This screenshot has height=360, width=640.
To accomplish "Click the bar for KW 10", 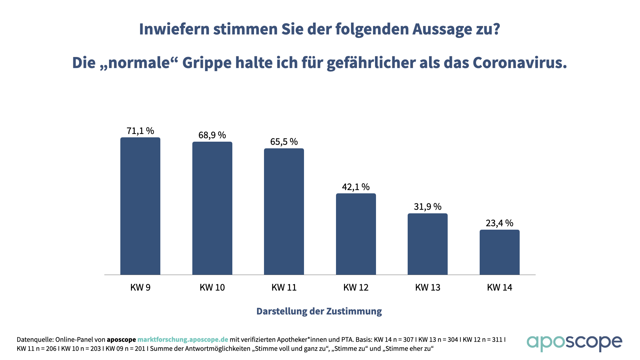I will pyautogui.click(x=212, y=208).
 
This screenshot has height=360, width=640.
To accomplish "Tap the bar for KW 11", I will pyautogui.click(x=284, y=212).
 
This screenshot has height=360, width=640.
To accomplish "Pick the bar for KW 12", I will pyautogui.click(x=356, y=234).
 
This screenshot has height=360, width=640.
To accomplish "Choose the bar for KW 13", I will pyautogui.click(x=428, y=244).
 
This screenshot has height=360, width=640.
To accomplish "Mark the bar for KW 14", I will pyautogui.click(x=500, y=252).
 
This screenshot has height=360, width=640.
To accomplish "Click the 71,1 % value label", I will pyautogui.click(x=140, y=131).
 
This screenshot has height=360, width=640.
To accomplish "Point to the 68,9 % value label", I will pyautogui.click(x=212, y=135).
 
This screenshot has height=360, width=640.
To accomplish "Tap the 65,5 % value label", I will pyautogui.click(x=284, y=142).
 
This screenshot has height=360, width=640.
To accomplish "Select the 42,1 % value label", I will pyautogui.click(x=356, y=187).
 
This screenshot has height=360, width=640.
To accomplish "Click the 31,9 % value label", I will pyautogui.click(x=428, y=207).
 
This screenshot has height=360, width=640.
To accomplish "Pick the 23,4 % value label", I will pyautogui.click(x=500, y=223).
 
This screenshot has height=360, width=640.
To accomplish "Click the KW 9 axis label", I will pyautogui.click(x=140, y=288).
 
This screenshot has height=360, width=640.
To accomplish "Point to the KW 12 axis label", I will pyautogui.click(x=356, y=288).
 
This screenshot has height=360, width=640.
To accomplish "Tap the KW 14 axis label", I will pyautogui.click(x=500, y=288).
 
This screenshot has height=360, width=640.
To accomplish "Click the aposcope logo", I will pyautogui.click(x=574, y=343).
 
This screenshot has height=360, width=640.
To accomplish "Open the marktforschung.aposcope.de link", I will pyautogui.click(x=183, y=340).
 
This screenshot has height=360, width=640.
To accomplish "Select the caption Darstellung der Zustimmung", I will pyautogui.click(x=319, y=311).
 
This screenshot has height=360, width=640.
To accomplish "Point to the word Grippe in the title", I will pyautogui.click(x=207, y=63).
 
